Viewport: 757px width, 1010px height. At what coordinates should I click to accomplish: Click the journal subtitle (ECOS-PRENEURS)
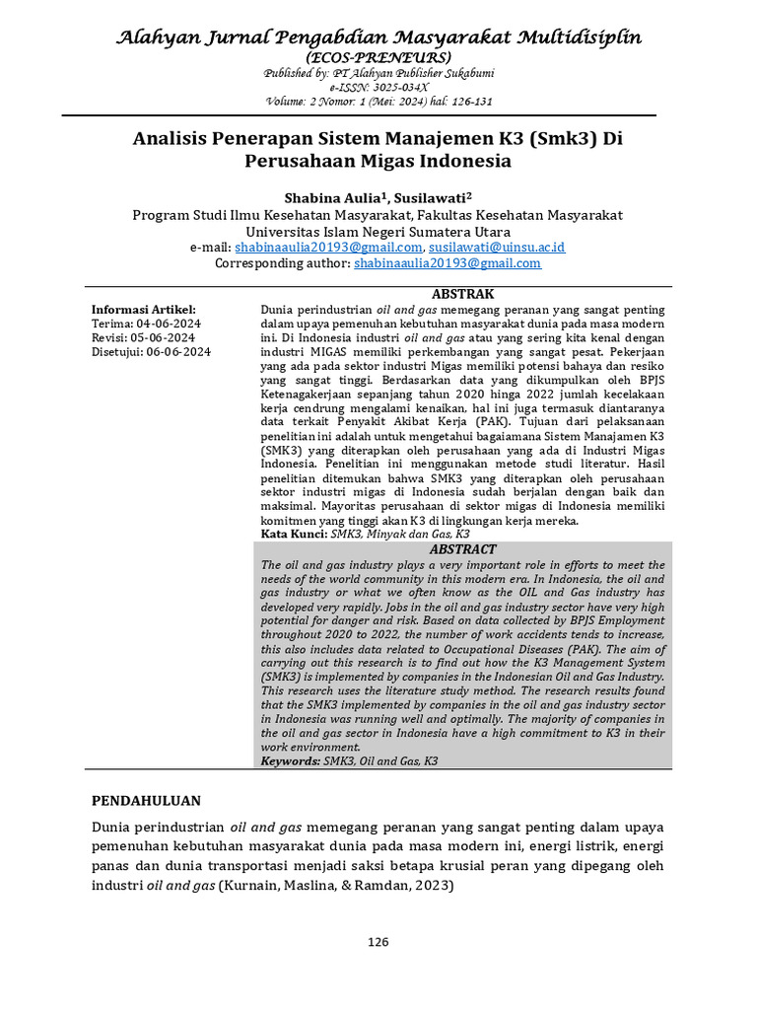pos(379,59)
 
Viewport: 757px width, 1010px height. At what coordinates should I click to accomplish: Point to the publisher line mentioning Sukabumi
pos(379,74)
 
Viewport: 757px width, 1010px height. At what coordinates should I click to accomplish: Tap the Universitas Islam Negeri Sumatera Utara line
pos(378,231)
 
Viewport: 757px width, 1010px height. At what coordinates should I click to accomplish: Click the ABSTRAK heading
pos(463,294)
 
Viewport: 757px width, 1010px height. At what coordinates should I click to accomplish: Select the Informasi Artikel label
pos(144,310)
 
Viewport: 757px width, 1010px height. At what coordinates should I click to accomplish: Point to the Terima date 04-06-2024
pos(169,324)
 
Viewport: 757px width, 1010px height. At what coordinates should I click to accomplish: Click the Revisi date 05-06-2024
pos(167,337)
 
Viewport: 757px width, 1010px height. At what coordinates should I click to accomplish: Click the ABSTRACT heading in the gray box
pos(463,549)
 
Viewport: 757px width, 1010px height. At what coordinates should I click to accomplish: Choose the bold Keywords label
pos(290,762)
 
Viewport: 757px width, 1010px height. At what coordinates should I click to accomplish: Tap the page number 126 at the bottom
pos(378,942)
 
